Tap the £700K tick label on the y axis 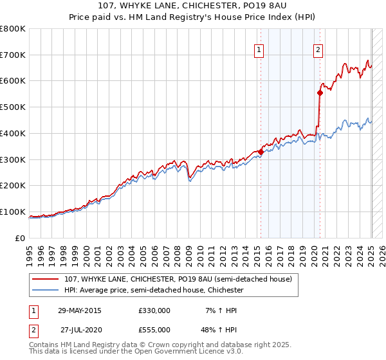[13, 55]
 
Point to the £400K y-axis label [13, 133]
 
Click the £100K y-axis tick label [13, 212]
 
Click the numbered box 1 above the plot [259, 50]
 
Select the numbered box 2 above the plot [318, 50]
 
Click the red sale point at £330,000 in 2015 [261, 152]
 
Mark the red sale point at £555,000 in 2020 [320, 93]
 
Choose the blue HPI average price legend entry [153, 291]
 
